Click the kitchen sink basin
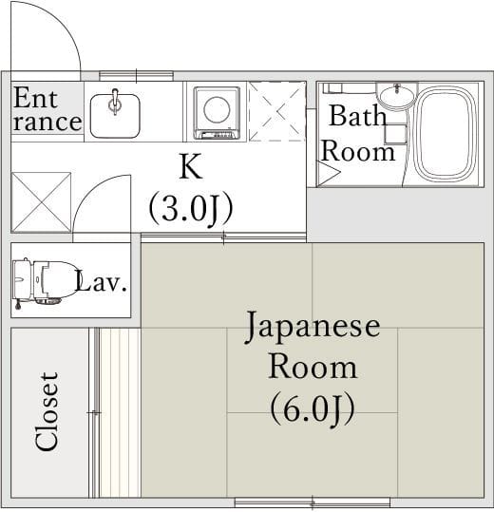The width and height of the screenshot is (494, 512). [x=114, y=112]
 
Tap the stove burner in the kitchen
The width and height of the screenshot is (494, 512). [x=217, y=111]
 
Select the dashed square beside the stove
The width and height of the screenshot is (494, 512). [x=276, y=111]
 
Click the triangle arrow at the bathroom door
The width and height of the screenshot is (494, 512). [x=327, y=174]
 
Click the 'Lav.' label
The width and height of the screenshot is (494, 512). [x=101, y=282]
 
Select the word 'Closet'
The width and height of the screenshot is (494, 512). [x=47, y=410]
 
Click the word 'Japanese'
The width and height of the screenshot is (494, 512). [x=313, y=326]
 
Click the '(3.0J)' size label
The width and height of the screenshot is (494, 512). [x=191, y=207]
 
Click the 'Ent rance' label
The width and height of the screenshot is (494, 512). [x=47, y=110]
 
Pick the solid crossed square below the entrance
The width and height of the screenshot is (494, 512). [x=41, y=201]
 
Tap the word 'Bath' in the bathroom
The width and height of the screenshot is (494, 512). [x=357, y=117]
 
